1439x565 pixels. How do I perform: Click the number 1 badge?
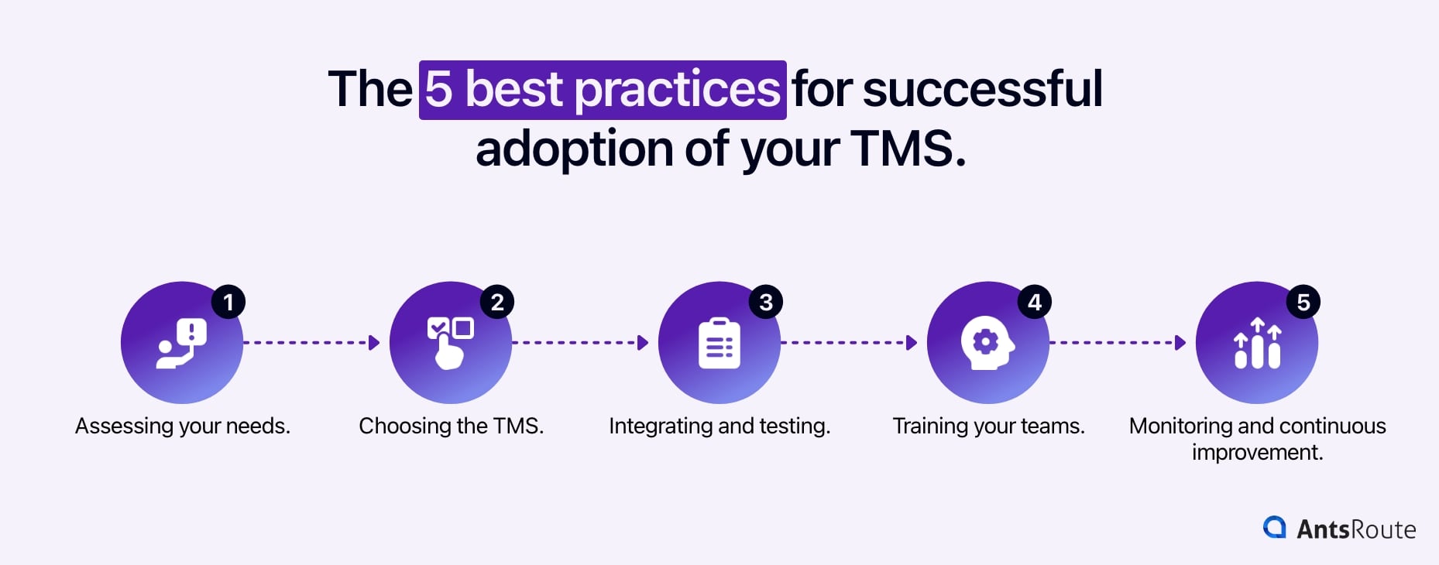(228, 302)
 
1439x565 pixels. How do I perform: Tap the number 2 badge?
(497, 302)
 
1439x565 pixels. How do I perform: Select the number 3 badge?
(766, 302)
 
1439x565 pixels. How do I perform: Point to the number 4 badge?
(1035, 302)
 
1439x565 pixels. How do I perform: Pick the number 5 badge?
(1303, 302)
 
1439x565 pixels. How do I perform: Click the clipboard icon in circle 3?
(719, 343)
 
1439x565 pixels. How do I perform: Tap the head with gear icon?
(987, 343)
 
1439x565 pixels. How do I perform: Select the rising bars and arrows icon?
(1257, 343)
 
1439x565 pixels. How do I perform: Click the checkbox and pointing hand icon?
(450, 343)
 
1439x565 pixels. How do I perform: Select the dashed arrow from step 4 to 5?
(1118, 342)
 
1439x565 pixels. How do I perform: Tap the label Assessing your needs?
(183, 426)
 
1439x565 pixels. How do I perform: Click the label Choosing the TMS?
(451, 426)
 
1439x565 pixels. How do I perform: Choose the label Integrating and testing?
(719, 426)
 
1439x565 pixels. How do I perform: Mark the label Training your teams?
(988, 426)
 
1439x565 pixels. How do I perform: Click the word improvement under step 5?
(1257, 452)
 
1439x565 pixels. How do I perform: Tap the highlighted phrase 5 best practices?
(603, 90)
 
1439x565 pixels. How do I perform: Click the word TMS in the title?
(903, 149)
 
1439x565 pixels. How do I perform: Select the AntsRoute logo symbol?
(1274, 527)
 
